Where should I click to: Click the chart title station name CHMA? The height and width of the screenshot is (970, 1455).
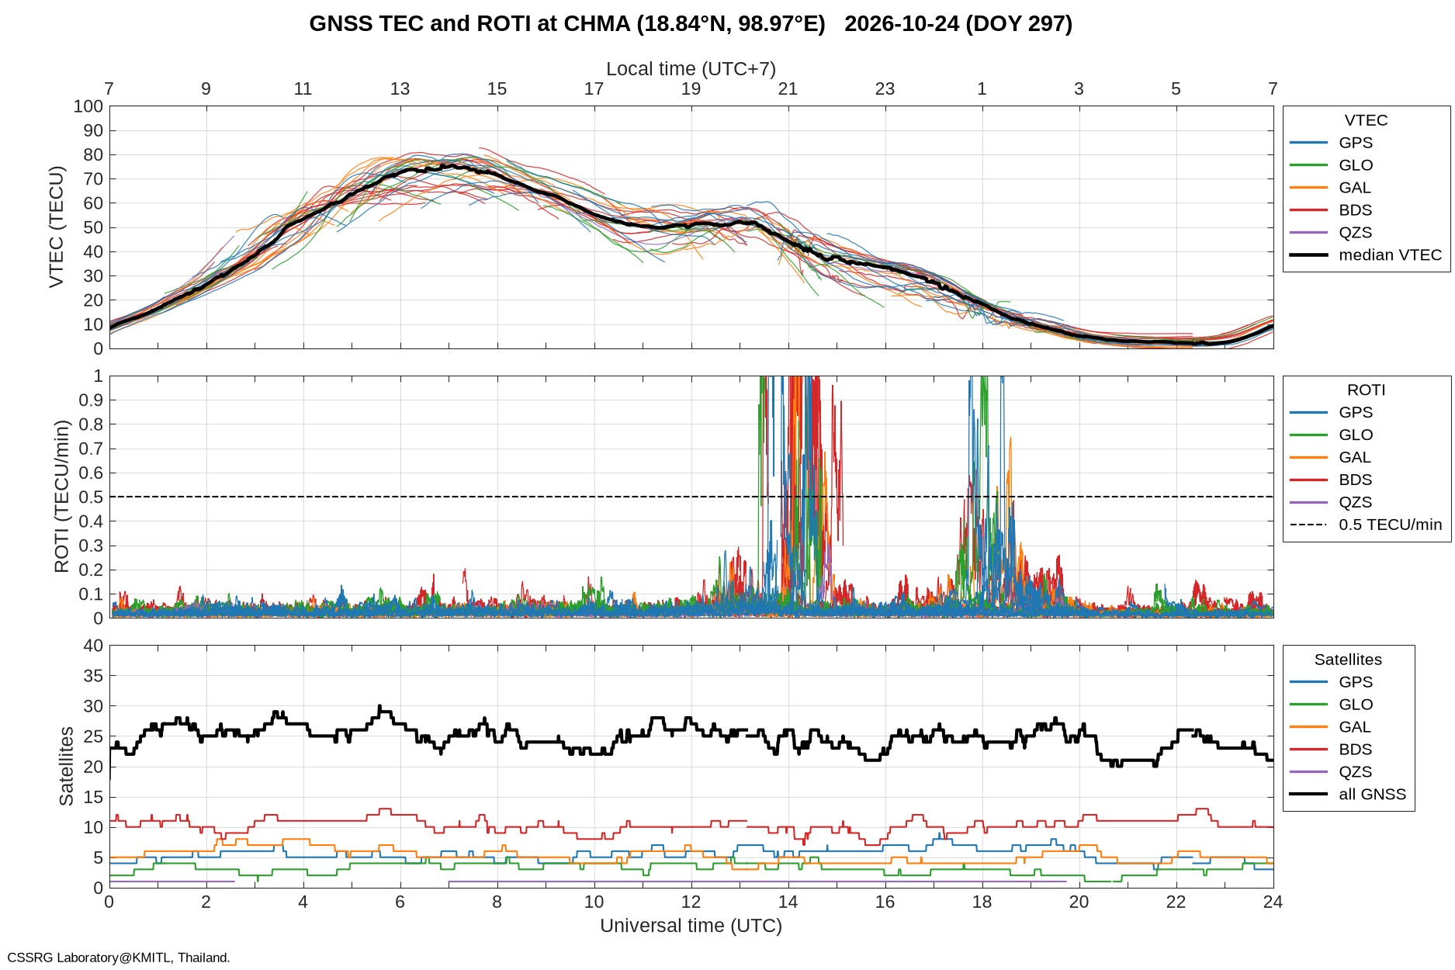tap(597, 24)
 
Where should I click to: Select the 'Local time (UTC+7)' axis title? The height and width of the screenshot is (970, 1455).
tap(691, 69)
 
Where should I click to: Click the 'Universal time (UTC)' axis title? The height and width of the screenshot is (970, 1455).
tap(691, 926)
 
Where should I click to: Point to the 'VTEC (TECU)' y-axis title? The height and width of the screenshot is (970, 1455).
tap(57, 227)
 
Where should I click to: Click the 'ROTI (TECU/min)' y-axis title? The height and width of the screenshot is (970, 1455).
tap(61, 497)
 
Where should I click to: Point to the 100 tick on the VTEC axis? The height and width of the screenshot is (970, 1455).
tap(88, 106)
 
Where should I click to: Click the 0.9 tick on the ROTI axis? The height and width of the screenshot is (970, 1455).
tap(91, 400)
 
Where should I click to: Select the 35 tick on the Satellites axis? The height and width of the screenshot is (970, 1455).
tap(93, 676)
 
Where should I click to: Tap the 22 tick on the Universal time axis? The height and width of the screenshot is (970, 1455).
tap(1176, 902)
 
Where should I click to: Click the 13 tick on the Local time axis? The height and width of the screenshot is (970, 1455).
tap(400, 88)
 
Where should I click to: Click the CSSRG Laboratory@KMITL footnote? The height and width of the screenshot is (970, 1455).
tap(119, 958)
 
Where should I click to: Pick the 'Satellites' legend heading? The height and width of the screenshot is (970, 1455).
tap(1348, 660)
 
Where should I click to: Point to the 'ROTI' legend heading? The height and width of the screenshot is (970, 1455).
tap(1366, 390)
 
